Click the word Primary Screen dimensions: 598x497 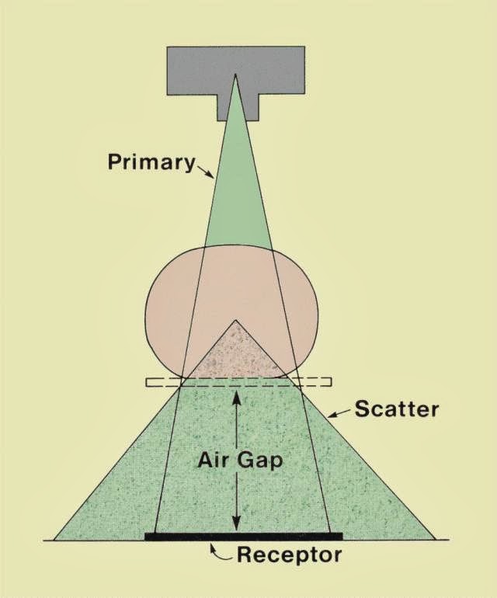coord(150,162)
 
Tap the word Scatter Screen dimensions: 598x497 coord(397,409)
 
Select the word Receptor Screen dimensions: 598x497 coord(288,555)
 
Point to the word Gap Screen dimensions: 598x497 coord(261,459)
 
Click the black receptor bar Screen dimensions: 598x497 coord(243,536)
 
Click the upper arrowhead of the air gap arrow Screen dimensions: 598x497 coord(237,396)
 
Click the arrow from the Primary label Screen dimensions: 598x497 coord(205,171)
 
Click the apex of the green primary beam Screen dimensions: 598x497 coord(236,77)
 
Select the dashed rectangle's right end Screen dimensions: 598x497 coord(329,382)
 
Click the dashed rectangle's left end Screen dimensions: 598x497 coord(148,382)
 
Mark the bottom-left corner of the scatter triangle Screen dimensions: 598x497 coord(54,538)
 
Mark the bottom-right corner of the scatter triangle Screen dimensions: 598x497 coord(433,538)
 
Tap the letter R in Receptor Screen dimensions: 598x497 coord(245,555)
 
